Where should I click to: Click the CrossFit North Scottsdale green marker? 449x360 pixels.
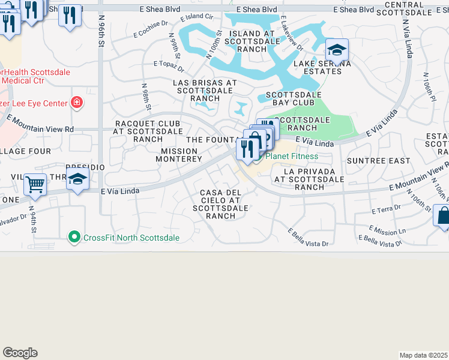74,238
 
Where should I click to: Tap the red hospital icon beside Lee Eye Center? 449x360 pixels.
76,103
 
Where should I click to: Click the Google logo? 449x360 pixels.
20,353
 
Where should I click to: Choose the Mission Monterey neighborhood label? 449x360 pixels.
179,155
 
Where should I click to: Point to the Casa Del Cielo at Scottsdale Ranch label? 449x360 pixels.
221,204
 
